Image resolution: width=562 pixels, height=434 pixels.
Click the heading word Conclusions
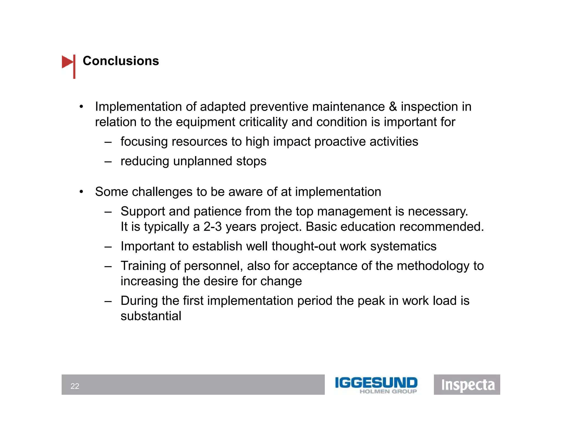(121, 61)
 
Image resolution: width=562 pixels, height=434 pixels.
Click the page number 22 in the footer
(75, 386)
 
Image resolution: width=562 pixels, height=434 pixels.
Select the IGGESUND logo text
(376, 383)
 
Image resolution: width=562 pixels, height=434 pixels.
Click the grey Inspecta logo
(467, 385)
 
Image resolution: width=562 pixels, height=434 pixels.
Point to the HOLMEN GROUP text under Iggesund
(388, 391)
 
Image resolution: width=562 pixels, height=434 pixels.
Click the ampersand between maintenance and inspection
(393, 107)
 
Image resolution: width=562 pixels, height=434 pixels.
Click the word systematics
(403, 246)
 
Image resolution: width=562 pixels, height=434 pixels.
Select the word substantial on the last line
(151, 316)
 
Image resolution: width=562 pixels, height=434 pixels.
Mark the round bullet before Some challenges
(81, 192)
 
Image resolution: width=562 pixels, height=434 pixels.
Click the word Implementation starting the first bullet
(138, 107)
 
